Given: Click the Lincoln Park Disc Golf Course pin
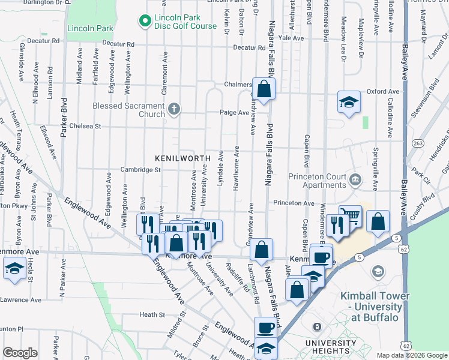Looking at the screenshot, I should [x=145, y=22].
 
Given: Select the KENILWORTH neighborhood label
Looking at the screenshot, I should [x=182, y=158].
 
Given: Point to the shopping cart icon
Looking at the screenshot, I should [x=350, y=216].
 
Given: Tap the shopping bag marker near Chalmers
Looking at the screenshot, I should [x=264, y=89].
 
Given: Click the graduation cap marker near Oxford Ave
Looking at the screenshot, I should [x=348, y=102].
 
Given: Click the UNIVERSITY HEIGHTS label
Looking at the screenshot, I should [x=327, y=347].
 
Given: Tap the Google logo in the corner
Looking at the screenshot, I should [x=20, y=353].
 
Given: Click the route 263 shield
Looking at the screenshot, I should [x=418, y=143].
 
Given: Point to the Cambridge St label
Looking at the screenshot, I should [x=140, y=170].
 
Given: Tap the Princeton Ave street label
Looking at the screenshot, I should [x=294, y=203].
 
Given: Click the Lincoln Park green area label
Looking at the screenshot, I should [x=90, y=28].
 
